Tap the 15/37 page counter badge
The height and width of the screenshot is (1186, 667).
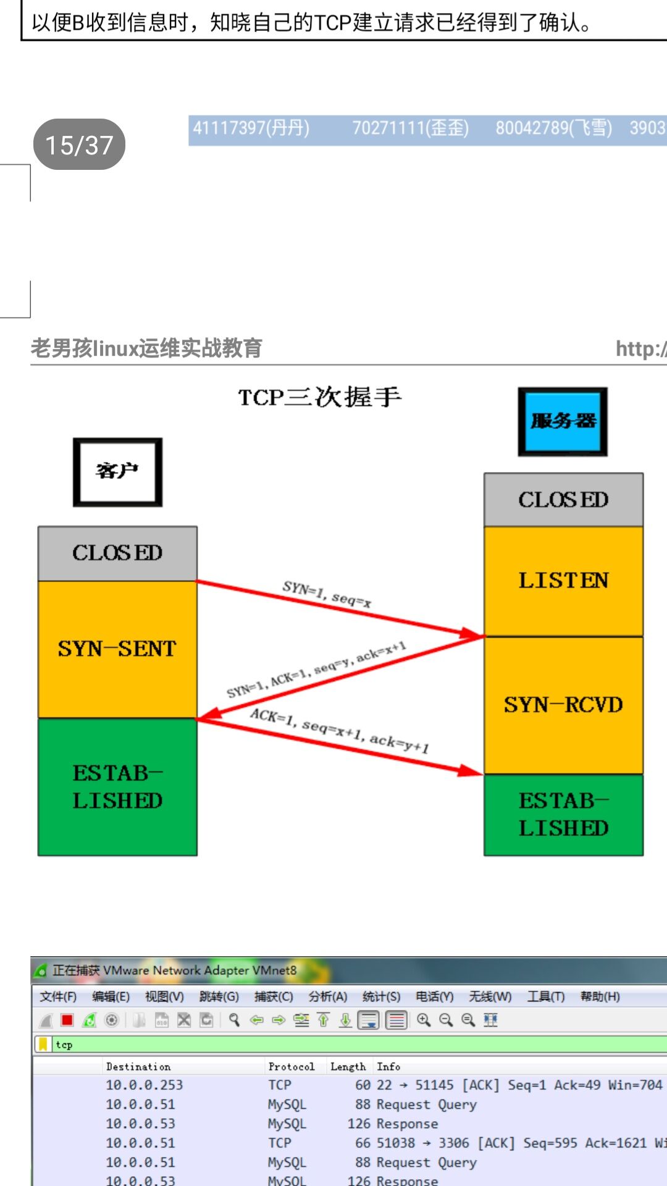coord(79,145)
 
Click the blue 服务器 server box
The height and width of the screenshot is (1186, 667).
coord(563,422)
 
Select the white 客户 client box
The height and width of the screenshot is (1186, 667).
coord(117,472)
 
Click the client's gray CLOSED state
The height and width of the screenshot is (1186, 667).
coord(117,553)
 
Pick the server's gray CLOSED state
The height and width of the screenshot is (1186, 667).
coord(563,500)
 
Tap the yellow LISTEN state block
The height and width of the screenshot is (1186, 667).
coord(563,581)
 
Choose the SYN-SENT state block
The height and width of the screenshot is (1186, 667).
coord(117,649)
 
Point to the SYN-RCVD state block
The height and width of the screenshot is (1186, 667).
coord(563,705)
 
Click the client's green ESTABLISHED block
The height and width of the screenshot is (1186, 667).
coord(117,786)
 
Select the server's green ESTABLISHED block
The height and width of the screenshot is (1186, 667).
coord(563,814)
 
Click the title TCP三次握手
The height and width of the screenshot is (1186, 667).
coord(320,397)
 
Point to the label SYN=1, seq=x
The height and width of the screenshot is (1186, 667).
coord(327,594)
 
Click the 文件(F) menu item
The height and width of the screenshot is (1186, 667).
coord(58,996)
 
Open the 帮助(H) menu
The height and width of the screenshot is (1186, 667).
coord(600,996)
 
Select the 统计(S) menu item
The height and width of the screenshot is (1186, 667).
coord(381,996)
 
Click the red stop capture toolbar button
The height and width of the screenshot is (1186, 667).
coord(67,1020)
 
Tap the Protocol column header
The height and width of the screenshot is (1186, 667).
coord(291,1067)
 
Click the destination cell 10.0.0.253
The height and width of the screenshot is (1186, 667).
coord(145,1085)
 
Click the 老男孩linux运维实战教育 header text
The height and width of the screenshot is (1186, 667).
coord(146,348)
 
